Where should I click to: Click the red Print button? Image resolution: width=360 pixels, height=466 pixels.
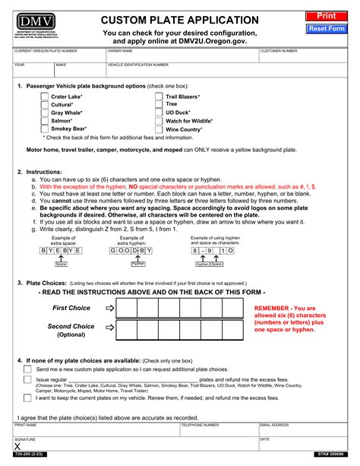point(326,15)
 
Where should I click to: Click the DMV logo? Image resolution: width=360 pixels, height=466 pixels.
point(36,21)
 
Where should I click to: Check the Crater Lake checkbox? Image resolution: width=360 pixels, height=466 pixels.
point(44,97)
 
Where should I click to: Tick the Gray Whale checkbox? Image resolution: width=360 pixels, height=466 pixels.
point(44,113)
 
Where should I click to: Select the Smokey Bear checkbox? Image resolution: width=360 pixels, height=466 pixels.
point(44,128)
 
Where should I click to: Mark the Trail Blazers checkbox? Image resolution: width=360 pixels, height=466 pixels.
point(159,97)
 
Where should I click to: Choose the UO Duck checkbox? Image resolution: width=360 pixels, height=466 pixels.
point(159,113)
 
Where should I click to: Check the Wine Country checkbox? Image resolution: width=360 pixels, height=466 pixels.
point(159,128)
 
